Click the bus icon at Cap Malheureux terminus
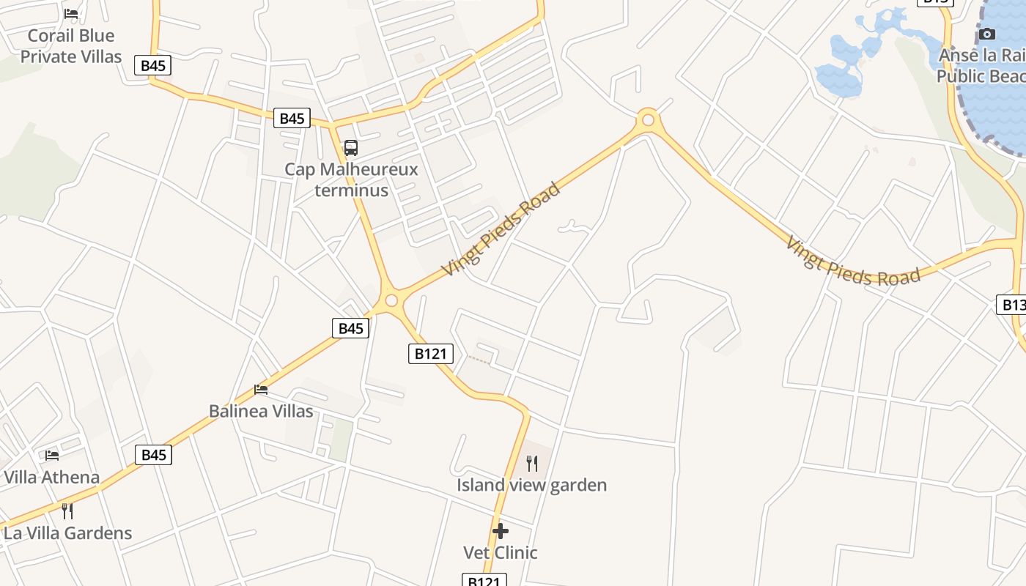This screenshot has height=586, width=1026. click(x=351, y=148)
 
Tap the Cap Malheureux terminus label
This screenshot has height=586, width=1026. click(x=351, y=180)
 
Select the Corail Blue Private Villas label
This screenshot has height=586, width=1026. click(x=70, y=46)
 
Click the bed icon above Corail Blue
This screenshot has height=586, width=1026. click(x=71, y=14)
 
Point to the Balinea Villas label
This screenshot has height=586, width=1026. click(x=261, y=411)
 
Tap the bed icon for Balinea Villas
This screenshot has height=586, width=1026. click(x=261, y=389)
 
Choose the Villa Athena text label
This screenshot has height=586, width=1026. click(x=51, y=478)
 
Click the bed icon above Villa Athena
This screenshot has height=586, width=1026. click(x=52, y=455)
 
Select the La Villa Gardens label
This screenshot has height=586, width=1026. click(x=67, y=533)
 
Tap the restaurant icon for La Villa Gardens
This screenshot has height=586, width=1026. click(x=67, y=511)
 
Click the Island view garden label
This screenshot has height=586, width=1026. click(x=531, y=485)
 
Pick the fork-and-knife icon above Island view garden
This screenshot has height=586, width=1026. click(x=532, y=463)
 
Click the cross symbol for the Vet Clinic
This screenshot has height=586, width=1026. click(x=501, y=530)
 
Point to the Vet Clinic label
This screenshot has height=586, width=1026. click(x=501, y=552)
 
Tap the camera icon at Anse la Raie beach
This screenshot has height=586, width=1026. click(x=987, y=34)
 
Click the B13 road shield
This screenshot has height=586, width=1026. click(x=1012, y=305)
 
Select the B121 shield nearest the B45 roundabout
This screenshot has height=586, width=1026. click(x=430, y=354)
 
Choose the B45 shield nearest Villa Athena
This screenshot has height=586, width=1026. click(x=154, y=455)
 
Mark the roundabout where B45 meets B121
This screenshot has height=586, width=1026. click(x=391, y=300)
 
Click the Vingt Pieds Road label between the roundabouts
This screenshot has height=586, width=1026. click(x=501, y=229)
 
